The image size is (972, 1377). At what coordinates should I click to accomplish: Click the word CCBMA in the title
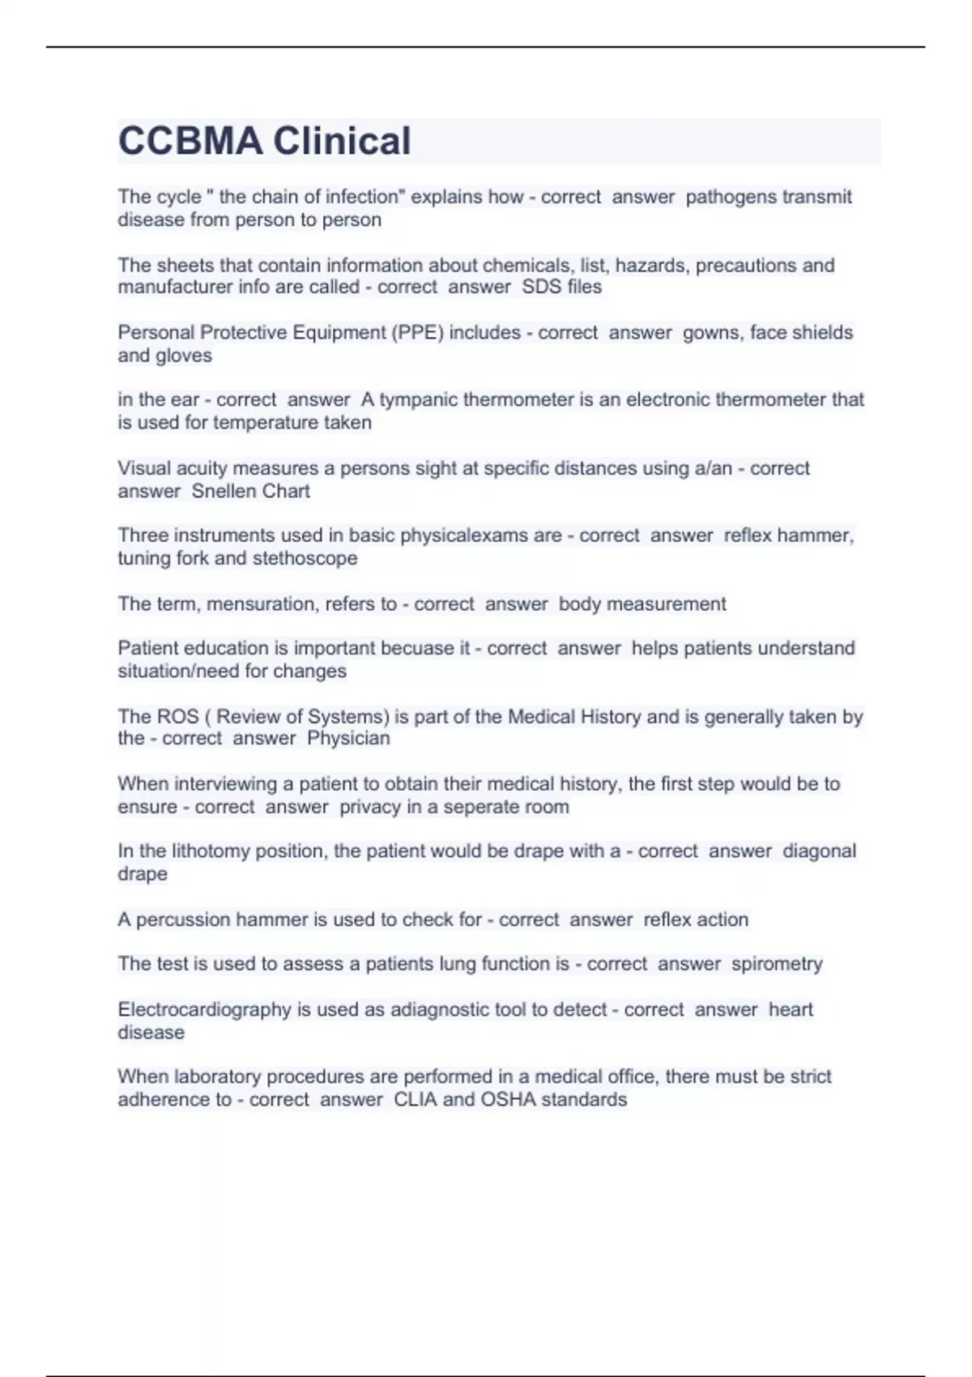190,141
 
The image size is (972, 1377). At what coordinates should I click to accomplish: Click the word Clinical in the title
342,141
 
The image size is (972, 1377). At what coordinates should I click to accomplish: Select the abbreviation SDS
541,287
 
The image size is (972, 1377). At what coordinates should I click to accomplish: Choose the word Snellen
220,491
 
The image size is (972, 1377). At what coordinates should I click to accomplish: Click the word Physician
348,738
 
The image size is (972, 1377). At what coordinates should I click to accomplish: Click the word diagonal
819,851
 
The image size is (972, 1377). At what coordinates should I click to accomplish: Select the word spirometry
777,964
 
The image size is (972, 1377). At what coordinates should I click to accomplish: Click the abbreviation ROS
177,717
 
